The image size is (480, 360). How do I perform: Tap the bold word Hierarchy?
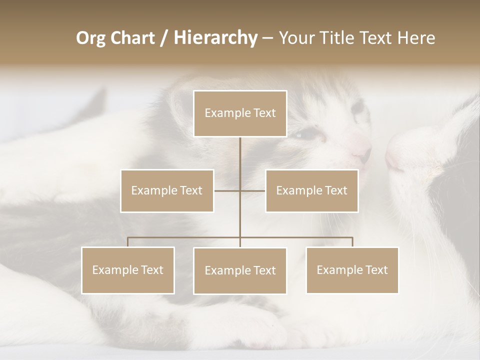point(215,38)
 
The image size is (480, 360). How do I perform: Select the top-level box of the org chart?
point(240,113)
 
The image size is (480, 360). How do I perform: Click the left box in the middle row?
point(167,190)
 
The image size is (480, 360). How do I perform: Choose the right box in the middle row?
point(312,190)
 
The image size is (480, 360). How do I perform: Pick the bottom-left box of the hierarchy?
point(128,270)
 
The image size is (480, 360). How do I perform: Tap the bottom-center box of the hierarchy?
point(240,270)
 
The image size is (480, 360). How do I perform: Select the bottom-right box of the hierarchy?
point(352,270)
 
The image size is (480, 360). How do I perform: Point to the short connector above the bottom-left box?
point(128,242)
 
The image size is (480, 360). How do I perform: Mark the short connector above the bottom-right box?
point(352,242)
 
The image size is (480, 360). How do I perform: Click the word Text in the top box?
point(264,113)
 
